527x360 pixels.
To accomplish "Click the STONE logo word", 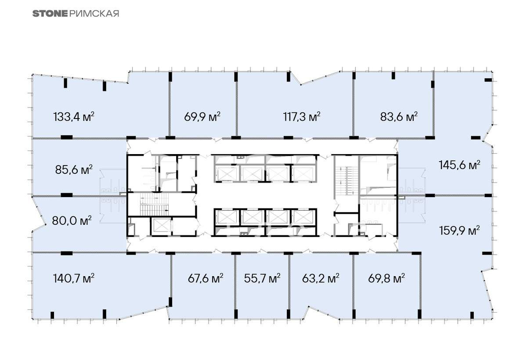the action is tap(50, 14).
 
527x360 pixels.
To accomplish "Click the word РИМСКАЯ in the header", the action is tap(94, 14).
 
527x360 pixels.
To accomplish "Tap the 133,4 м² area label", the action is tap(74, 117).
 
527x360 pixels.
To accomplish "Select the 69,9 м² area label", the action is tap(202, 116).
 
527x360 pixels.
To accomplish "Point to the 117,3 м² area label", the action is tap(302, 116).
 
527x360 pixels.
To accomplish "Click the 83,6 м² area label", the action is tap(399, 116).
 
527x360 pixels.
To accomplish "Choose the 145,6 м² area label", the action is tap(459, 165).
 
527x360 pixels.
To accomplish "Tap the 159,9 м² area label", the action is tap(459, 230).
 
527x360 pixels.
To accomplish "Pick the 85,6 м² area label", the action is tap(74, 169).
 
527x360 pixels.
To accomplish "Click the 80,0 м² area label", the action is tap(72, 221).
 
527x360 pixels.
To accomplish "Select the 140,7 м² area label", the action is tap(74, 279).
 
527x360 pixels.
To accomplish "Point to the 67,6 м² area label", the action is tap(206, 279).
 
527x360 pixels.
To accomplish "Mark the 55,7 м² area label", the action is tap(262, 279).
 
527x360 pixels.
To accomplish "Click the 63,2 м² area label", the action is tap(321, 279).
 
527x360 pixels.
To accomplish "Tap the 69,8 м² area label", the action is tap(386, 279).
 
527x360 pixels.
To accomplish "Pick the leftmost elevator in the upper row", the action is tap(227, 174).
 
